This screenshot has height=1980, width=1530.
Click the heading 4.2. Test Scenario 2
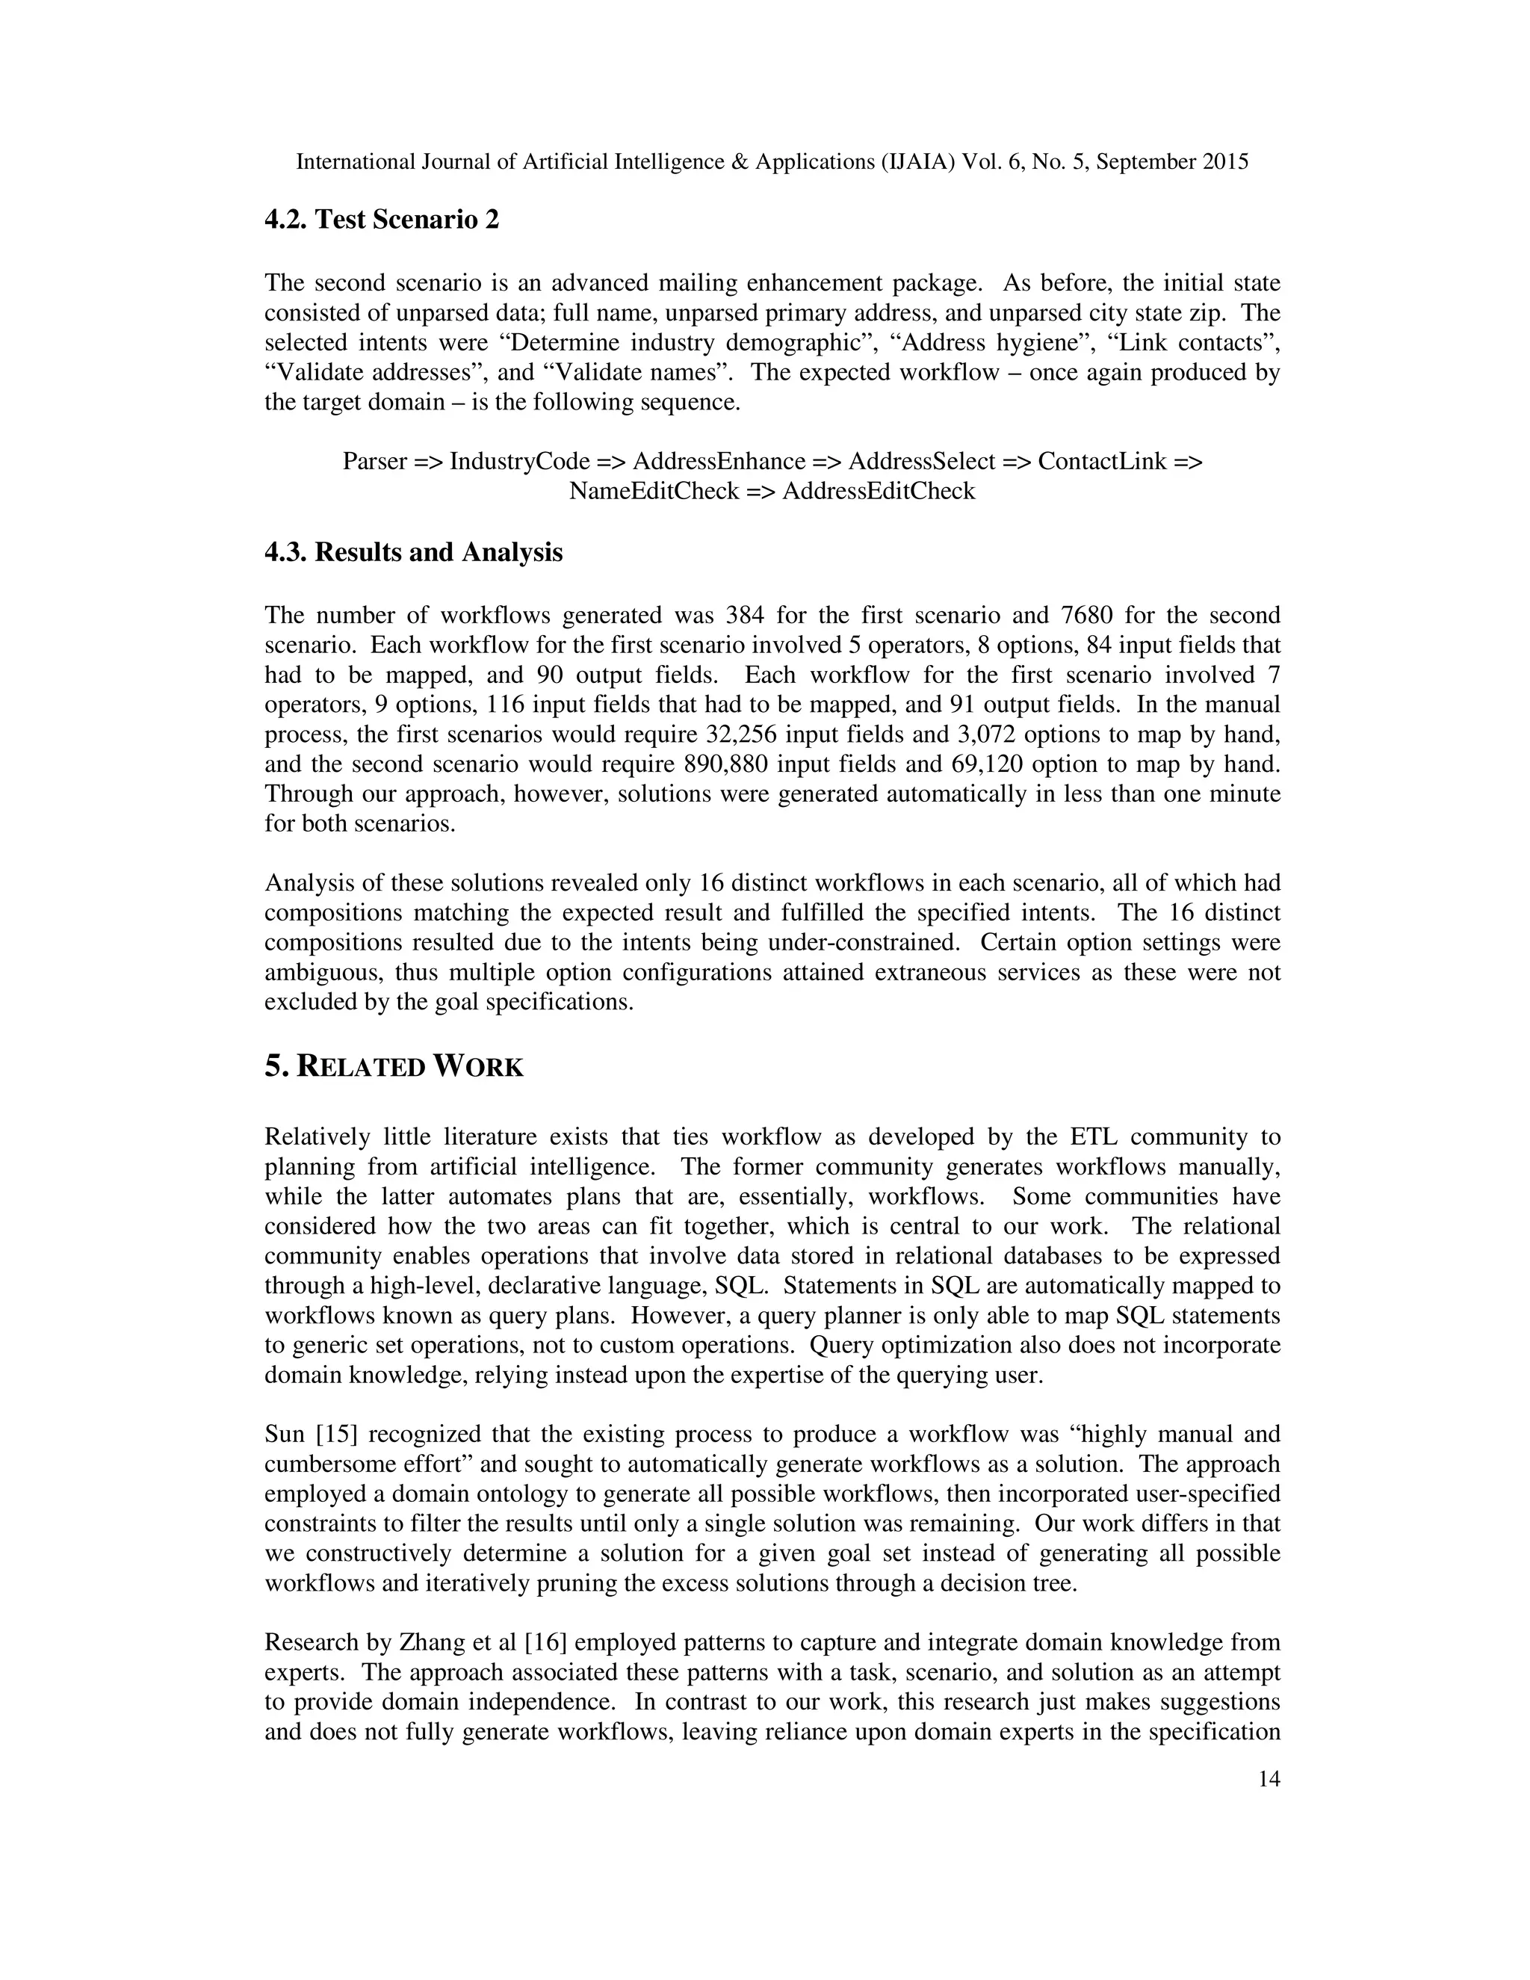(x=382, y=220)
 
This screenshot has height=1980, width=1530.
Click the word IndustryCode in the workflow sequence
(x=519, y=462)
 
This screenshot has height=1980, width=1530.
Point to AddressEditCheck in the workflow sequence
(x=879, y=492)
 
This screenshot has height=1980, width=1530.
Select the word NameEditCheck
(x=654, y=492)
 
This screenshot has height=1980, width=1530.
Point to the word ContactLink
(x=1101, y=462)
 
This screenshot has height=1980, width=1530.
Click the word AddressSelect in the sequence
(x=921, y=462)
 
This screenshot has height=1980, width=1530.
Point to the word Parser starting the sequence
(x=374, y=462)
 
